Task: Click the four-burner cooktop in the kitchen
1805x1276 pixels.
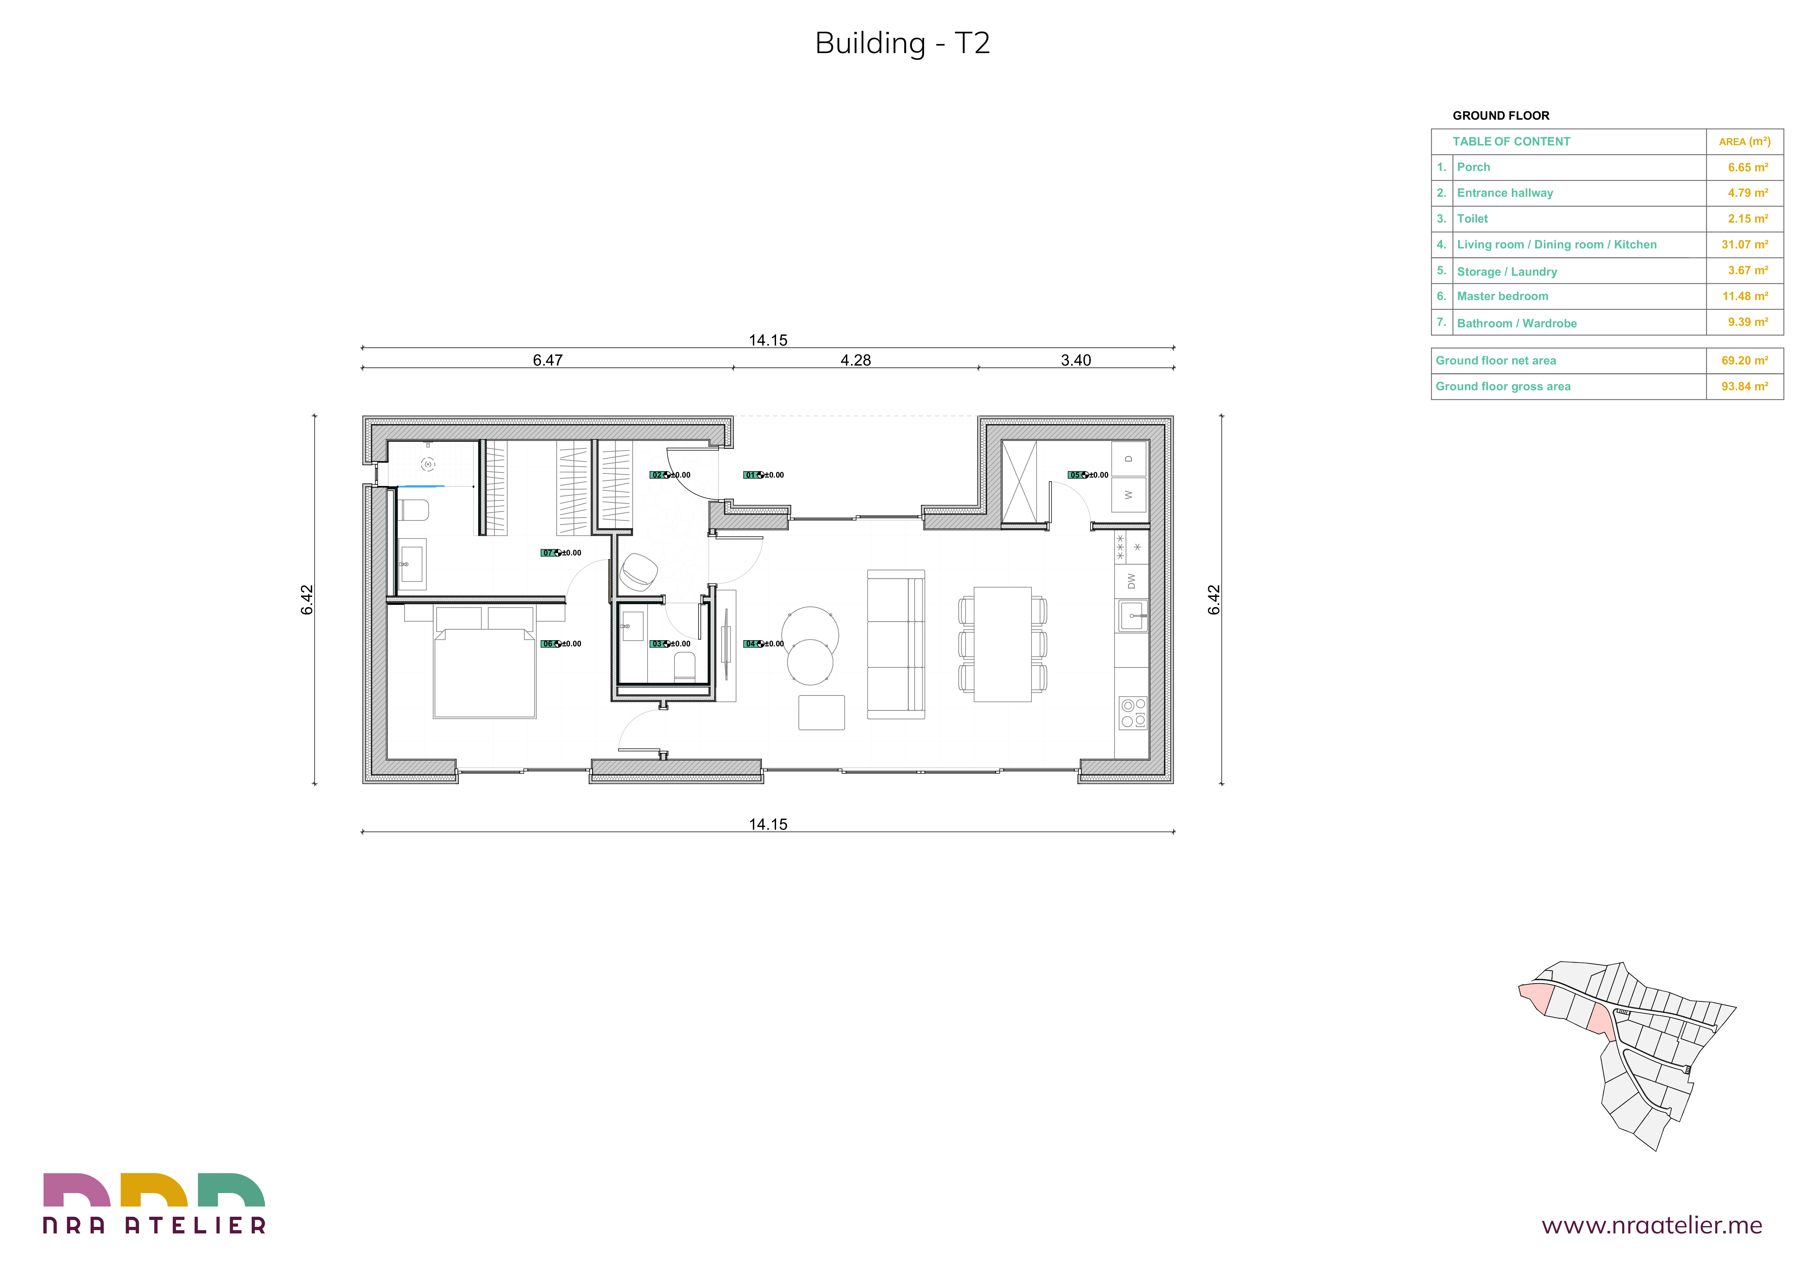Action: point(1133,713)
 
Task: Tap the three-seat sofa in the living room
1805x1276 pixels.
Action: point(896,644)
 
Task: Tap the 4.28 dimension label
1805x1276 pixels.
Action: point(855,360)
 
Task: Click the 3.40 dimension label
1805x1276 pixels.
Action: point(1076,360)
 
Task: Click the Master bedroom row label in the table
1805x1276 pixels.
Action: point(1502,296)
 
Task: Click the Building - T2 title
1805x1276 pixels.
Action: point(902,43)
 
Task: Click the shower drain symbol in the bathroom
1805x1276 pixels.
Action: point(429,464)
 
